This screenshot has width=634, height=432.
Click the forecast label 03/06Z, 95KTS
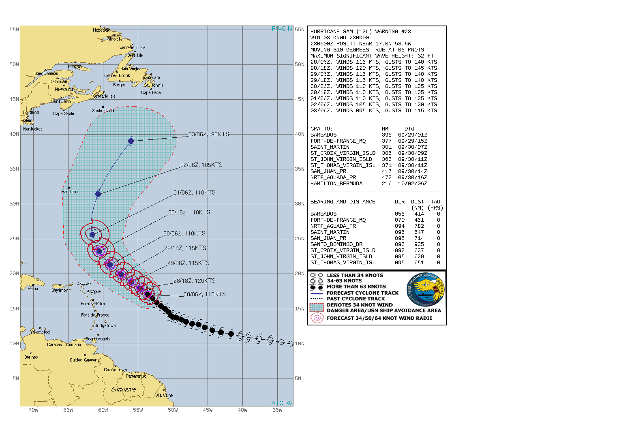(209, 134)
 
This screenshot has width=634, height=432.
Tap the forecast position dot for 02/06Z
(98, 194)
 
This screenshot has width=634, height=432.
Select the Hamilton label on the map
(69, 192)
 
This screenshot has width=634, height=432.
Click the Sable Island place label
(103, 111)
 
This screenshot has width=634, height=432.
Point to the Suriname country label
(124, 389)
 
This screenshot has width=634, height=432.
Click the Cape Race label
(151, 92)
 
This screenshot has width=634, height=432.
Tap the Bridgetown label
(105, 325)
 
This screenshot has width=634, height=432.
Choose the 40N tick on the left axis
(14, 134)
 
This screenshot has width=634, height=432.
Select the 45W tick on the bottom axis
(208, 410)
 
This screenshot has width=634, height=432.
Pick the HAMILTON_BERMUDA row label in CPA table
(336, 184)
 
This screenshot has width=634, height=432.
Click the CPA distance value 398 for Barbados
(386, 135)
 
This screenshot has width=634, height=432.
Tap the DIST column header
(418, 202)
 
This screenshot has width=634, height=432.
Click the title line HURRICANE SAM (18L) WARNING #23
(360, 32)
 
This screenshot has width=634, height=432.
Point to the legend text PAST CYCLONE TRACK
(356, 299)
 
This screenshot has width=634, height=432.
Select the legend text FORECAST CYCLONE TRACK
(362, 293)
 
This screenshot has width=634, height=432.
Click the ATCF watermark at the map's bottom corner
(281, 403)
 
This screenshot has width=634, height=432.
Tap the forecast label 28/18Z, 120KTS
(195, 281)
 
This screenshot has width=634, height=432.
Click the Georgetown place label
(115, 370)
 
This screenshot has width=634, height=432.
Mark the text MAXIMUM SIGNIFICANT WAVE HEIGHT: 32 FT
(372, 56)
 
